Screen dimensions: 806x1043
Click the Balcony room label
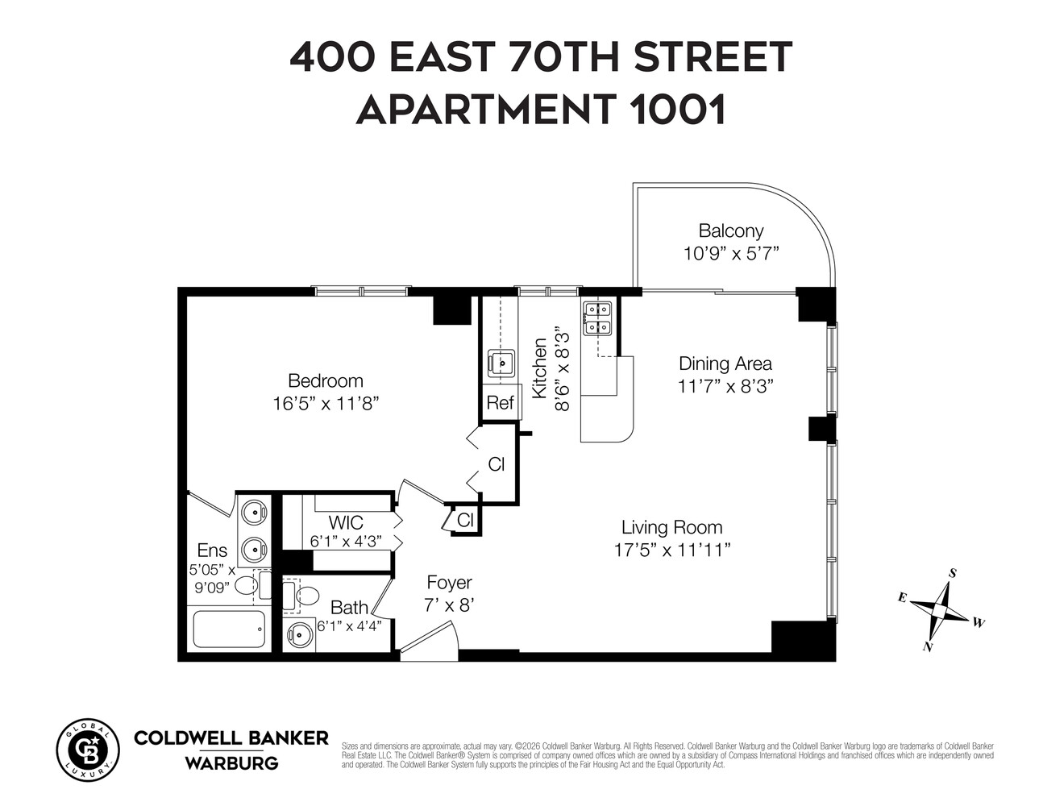[x=730, y=231]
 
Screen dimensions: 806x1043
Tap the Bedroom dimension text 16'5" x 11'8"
[x=326, y=403]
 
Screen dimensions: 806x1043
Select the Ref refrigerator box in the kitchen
[x=500, y=403]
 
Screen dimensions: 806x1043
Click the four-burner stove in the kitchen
[x=597, y=318]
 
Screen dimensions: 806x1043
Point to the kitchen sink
[x=502, y=364]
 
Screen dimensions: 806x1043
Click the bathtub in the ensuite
[x=230, y=629]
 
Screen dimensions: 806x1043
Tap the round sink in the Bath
[x=300, y=634]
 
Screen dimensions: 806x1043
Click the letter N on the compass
[x=928, y=646]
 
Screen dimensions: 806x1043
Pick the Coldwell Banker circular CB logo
[x=87, y=749]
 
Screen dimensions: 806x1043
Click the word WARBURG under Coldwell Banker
[x=231, y=762]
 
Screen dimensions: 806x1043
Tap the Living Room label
[x=671, y=528]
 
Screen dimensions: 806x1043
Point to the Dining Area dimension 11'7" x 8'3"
[x=725, y=386]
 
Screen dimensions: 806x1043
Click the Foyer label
[x=449, y=583]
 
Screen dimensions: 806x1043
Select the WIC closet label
[x=346, y=523]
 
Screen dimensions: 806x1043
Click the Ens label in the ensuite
[x=212, y=550]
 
